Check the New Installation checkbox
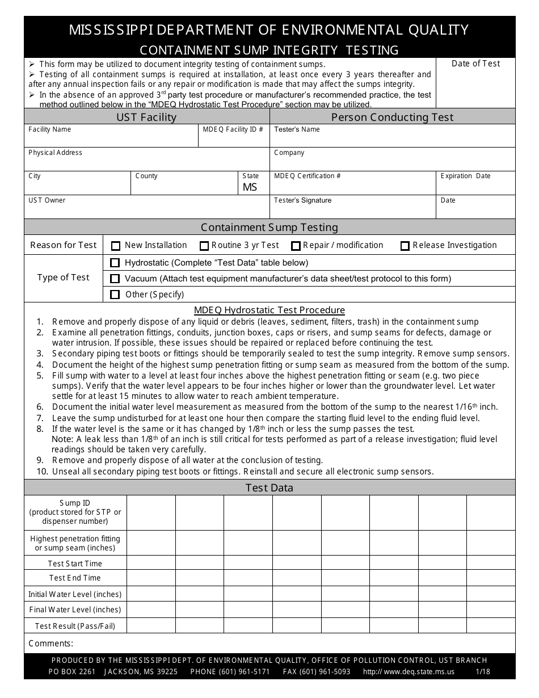click(x=116, y=246)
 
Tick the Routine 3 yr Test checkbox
click(x=204, y=246)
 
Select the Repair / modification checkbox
click(x=296, y=246)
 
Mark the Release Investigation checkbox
click(x=405, y=246)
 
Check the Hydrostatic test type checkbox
click(x=115, y=263)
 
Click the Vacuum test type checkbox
click(x=115, y=279)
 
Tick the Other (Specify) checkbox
click(x=115, y=295)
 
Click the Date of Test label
click(x=475, y=64)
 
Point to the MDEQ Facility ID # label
click(x=233, y=129)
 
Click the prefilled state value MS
click(x=250, y=187)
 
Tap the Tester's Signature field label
click(x=302, y=200)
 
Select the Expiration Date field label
click(x=465, y=176)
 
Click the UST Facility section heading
click(x=146, y=117)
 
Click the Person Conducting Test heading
click(x=392, y=117)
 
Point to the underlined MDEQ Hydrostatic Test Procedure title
click(x=269, y=310)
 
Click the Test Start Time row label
click(x=75, y=564)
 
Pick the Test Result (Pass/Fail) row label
click(x=75, y=626)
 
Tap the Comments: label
click(x=51, y=644)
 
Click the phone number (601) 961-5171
click(x=230, y=672)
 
